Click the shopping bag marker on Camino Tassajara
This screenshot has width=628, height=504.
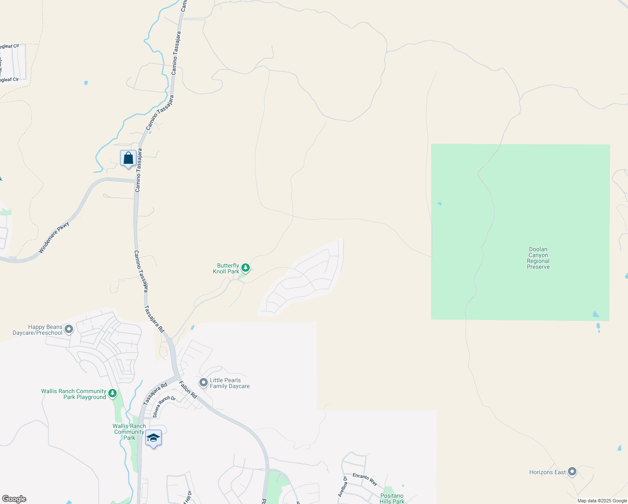point(128,159)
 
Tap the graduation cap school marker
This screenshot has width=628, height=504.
point(153,438)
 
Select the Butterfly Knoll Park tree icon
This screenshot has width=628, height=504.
point(246,268)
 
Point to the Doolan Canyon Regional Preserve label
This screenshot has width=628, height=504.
point(538,258)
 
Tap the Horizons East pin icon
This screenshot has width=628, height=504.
point(572,472)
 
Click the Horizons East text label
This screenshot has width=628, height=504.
point(547,472)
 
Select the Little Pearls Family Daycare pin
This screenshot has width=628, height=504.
point(204,382)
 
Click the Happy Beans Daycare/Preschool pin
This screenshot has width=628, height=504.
point(69,329)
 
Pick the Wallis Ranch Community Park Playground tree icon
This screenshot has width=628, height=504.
point(112,394)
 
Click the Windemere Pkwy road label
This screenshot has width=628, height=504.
point(54,237)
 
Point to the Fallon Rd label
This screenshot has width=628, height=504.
point(188,389)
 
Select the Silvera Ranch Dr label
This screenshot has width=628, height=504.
point(164,406)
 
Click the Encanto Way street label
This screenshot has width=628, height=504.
point(365,479)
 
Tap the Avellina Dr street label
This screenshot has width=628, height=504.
point(342,486)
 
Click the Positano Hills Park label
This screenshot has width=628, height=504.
point(392,499)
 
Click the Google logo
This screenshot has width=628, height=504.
point(14,499)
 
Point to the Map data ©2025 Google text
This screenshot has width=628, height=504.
point(602,501)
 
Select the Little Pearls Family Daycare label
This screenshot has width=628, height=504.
point(230,383)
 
